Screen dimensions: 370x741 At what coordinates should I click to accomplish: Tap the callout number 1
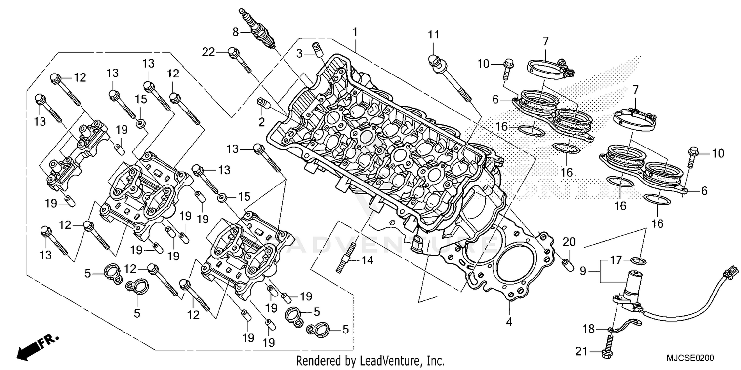[x=355, y=32]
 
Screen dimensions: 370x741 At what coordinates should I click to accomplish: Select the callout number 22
[x=208, y=51]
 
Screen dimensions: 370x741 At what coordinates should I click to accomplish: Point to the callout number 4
[x=509, y=323]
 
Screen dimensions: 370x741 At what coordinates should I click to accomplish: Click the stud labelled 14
[x=344, y=259]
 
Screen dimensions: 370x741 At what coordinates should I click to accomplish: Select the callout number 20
[x=569, y=242]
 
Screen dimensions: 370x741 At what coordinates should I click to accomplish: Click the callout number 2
[x=261, y=121]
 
